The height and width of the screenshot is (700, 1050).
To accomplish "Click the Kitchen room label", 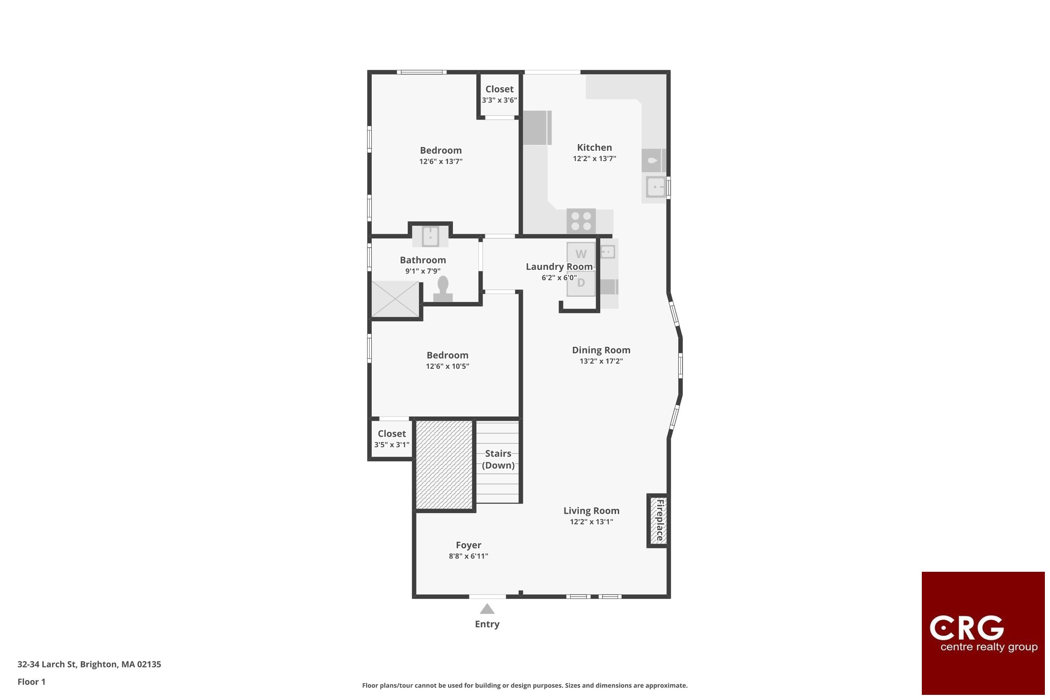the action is click(594, 148).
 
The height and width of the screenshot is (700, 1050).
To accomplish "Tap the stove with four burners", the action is click(581, 222).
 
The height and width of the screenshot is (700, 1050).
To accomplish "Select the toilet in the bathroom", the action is click(443, 289).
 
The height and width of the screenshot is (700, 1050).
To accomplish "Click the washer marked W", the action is click(581, 254).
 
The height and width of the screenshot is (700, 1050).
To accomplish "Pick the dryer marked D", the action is click(581, 283).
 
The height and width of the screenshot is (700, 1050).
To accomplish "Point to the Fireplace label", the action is click(660, 520).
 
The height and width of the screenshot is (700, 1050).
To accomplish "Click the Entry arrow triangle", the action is click(487, 609).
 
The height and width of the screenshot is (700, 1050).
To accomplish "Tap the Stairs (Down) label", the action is click(498, 459).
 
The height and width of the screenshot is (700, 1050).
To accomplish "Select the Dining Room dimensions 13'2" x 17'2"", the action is click(601, 361).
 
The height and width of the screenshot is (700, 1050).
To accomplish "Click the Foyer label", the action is click(469, 545).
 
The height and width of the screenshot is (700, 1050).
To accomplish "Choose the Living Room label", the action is click(592, 511).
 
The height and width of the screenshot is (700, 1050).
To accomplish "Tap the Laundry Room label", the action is click(559, 267).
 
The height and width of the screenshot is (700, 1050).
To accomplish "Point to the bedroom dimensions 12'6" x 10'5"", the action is click(448, 366).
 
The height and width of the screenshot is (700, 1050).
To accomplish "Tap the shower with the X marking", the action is click(395, 299).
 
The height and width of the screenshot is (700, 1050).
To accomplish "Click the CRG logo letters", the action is click(966, 628).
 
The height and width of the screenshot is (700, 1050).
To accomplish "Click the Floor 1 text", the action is click(31, 682).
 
